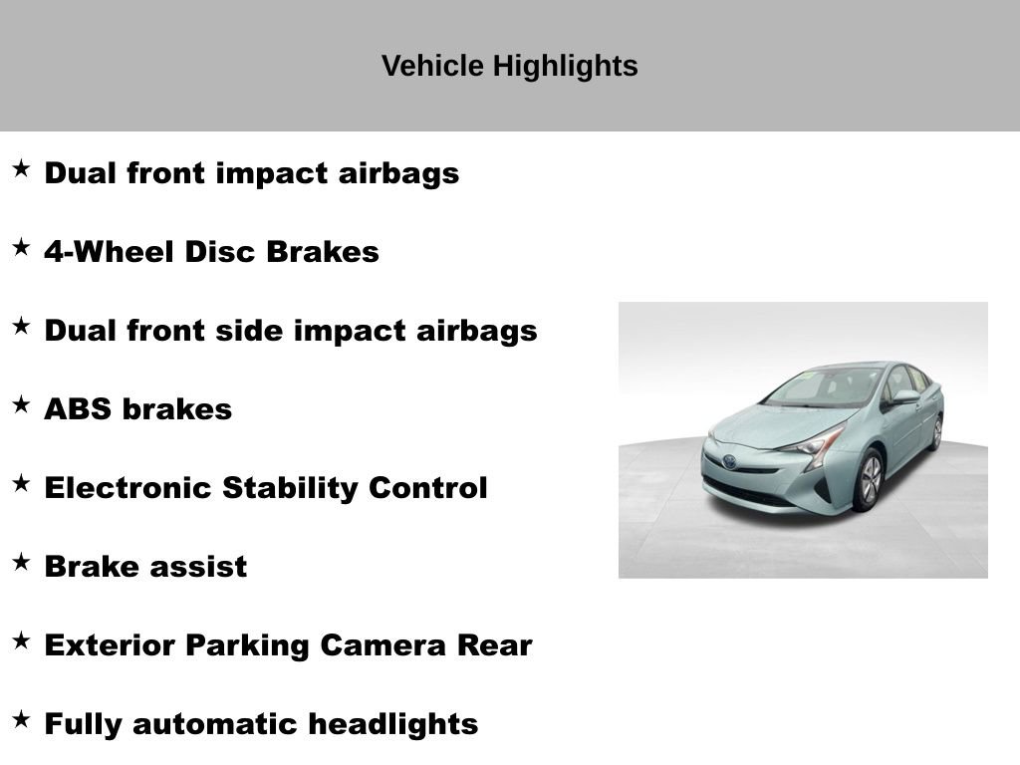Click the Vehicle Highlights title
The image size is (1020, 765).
pyautogui.click(x=509, y=67)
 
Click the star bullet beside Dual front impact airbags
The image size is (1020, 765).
pyautogui.click(x=21, y=169)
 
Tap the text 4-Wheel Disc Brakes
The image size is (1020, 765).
pyautogui.click(x=211, y=252)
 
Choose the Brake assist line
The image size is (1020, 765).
pyautogui.click(x=145, y=567)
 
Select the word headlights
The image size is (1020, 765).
pyautogui.click(x=392, y=724)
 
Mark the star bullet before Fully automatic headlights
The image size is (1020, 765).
pyautogui.click(x=21, y=720)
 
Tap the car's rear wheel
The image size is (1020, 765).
pyautogui.click(x=936, y=433)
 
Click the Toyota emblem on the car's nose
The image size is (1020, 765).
pyautogui.click(x=730, y=462)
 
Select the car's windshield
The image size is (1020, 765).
pyautogui.click(x=824, y=386)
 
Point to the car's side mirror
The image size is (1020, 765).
pyautogui.click(x=904, y=397)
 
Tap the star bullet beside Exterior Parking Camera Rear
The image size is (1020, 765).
pyautogui.click(x=21, y=641)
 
